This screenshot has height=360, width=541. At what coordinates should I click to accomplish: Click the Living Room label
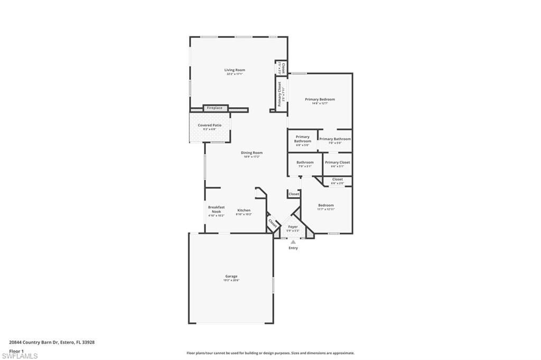[x=235, y=70]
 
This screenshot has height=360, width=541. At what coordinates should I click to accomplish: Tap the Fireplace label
[x=214, y=108]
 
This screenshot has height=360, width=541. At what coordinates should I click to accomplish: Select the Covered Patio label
[x=210, y=125]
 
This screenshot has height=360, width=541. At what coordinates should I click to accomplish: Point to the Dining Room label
[x=251, y=153]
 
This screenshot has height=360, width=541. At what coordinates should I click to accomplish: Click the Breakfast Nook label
[x=216, y=209]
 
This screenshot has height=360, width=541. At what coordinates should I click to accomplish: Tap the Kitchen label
[x=244, y=210]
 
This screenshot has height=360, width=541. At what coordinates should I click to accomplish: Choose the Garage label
[x=231, y=276]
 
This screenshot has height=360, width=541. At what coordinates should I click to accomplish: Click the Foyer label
[x=293, y=227]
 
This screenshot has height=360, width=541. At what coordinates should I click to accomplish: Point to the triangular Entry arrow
[x=293, y=242]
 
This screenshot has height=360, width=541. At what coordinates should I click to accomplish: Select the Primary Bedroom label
[x=320, y=99]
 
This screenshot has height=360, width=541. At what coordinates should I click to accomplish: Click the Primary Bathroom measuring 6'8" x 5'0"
[x=302, y=139]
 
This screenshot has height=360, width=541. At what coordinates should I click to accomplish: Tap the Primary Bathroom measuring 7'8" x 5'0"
[x=335, y=139]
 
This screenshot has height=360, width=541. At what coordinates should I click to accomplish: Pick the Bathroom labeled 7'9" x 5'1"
[x=305, y=163]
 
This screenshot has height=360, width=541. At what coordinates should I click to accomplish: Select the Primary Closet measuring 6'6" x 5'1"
[x=337, y=163]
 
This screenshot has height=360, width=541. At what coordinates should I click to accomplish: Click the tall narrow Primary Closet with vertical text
[x=279, y=93]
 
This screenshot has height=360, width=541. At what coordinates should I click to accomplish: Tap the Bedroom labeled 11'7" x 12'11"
[x=325, y=205]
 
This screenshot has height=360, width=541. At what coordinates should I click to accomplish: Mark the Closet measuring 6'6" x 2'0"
[x=337, y=179]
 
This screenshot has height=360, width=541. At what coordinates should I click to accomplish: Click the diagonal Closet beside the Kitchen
[x=273, y=223]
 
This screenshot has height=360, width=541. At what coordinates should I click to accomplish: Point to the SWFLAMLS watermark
[x=20, y=356]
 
